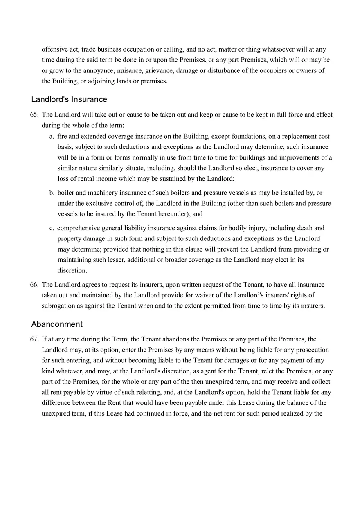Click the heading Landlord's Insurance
69,99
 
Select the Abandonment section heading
57,324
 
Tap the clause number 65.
34,115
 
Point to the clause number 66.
34,285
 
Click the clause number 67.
34,339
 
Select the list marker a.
52,137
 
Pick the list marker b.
52,193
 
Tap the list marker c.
52,228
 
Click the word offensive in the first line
55,49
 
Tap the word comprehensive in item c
79,228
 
